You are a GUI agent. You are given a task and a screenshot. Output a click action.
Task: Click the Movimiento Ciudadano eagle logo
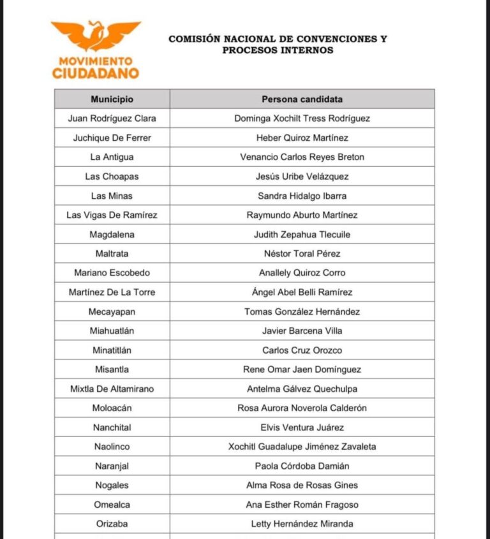[x=96, y=36]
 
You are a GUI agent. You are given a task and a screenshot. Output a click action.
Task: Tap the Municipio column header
[x=112, y=99]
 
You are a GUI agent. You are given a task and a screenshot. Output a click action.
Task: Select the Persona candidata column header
[x=302, y=99]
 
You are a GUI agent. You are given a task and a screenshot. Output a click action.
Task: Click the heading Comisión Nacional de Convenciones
[x=278, y=39]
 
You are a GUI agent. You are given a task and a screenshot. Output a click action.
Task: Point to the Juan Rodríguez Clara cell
[x=112, y=119]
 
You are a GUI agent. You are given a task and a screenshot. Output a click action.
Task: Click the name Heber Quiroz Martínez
[x=302, y=138]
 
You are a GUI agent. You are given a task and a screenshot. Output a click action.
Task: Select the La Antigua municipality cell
[x=112, y=157]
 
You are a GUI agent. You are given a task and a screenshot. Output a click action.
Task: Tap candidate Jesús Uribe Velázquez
[x=302, y=176]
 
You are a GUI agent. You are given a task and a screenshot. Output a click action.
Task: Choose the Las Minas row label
[x=112, y=196]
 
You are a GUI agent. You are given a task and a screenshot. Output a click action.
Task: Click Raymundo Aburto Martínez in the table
[x=302, y=215]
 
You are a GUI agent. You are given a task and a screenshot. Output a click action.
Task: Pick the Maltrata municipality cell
[x=112, y=254]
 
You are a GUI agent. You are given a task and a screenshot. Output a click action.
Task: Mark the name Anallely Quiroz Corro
[x=302, y=273]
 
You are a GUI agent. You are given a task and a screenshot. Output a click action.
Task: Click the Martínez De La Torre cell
[x=112, y=292]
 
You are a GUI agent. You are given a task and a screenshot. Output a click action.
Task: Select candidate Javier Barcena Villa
[x=302, y=331]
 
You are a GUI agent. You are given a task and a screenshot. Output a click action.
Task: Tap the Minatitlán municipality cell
[x=112, y=350]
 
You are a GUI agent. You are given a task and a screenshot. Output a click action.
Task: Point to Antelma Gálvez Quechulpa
[x=302, y=389]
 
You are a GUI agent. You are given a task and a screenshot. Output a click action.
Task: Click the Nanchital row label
[x=112, y=427]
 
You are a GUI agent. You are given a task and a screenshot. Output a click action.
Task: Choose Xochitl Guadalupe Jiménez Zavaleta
[x=302, y=447]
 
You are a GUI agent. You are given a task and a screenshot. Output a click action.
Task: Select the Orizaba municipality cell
[x=112, y=524]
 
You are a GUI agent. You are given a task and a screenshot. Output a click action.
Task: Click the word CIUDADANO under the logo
[x=96, y=73]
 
